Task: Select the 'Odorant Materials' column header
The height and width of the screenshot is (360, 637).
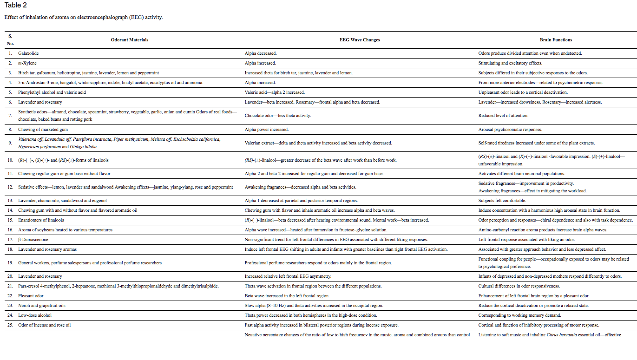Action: point(130,40)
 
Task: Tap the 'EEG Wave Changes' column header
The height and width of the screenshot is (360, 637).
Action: point(360,40)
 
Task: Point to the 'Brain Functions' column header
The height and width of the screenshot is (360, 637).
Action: point(556,40)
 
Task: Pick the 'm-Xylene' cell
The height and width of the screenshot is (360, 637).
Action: point(27,63)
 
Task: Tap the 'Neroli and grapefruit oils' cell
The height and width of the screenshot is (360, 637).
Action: point(42,306)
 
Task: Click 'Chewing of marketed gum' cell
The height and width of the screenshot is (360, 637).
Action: point(43,130)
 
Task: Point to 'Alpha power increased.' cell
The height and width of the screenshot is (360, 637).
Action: point(267,130)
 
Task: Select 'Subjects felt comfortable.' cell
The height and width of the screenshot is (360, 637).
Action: point(502,201)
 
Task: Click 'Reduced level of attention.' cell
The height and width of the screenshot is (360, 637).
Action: point(503,116)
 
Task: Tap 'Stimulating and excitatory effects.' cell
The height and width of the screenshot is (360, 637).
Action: point(510,63)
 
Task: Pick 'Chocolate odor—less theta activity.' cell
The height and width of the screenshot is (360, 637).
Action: point(278,116)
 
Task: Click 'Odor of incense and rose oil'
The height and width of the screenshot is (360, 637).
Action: point(45,325)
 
